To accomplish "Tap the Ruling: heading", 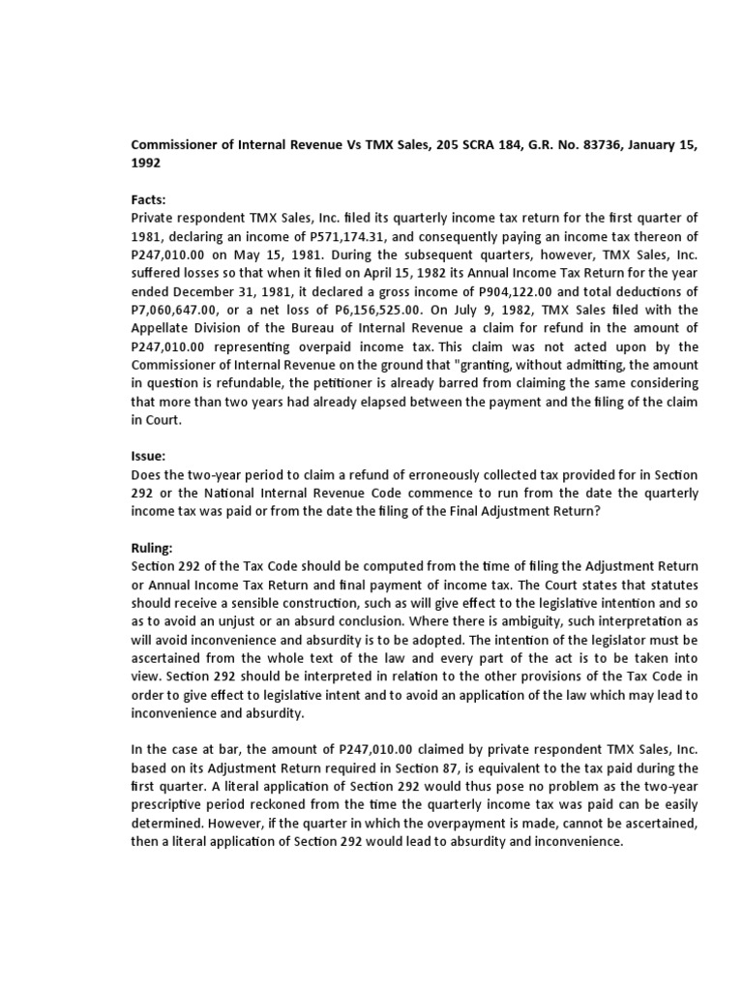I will click(x=152, y=547).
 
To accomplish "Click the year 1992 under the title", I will click(x=146, y=164).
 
